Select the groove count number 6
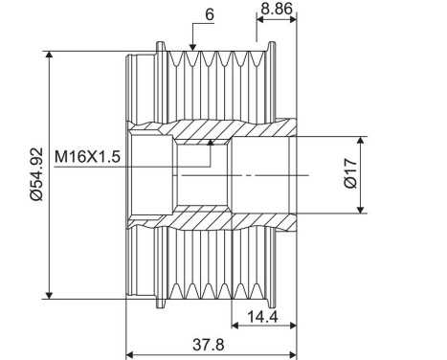[208, 14]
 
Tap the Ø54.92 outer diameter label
[35, 175]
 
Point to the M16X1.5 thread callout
[87, 156]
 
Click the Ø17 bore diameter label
[350, 174]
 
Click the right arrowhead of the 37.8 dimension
[291, 331]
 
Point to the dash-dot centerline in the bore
[249, 175]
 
